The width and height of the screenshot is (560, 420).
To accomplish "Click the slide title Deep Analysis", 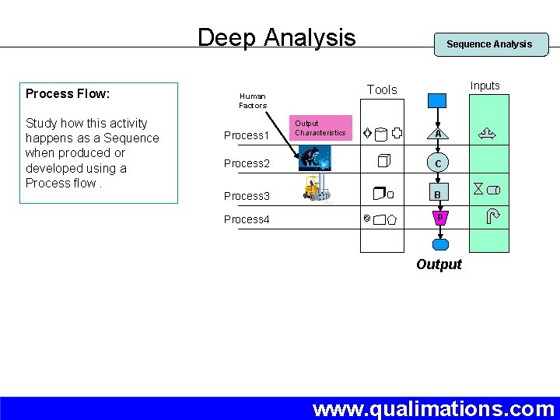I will (x=276, y=37).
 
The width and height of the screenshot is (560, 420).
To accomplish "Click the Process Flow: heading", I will (x=68, y=94).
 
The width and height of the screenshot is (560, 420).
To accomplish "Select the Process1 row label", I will (x=246, y=135).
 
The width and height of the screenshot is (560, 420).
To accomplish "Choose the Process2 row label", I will (x=246, y=163).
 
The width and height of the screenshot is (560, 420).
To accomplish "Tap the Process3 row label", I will (x=246, y=196).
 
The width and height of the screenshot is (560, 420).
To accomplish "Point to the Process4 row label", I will (x=246, y=219).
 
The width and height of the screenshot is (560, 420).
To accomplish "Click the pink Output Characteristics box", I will (x=320, y=128).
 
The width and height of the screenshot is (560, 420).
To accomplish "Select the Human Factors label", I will (x=252, y=101).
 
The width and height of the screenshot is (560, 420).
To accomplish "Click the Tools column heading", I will (x=381, y=90).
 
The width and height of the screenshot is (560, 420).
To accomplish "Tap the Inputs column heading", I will (x=485, y=86).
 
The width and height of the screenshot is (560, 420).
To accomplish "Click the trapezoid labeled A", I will (x=438, y=134).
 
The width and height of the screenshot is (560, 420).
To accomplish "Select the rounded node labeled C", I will (x=438, y=163).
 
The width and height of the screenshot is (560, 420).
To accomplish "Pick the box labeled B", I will (x=438, y=194).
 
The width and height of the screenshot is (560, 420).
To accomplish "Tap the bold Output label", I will (x=439, y=264).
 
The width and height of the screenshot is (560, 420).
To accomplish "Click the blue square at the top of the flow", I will (x=438, y=100).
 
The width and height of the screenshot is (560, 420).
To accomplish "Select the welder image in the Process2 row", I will (x=313, y=158).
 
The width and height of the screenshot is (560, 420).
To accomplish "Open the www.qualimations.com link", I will (x=433, y=408).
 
